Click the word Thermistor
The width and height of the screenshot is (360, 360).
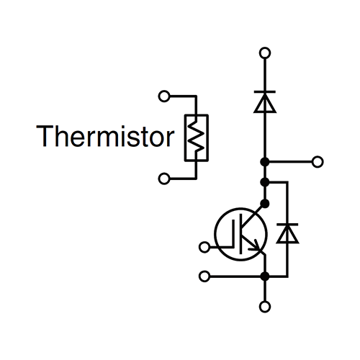pyautogui.click(x=105, y=136)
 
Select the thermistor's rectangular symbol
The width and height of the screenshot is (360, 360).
pyautogui.click(x=184, y=138)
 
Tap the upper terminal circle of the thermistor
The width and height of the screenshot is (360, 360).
pyautogui.click(x=164, y=96)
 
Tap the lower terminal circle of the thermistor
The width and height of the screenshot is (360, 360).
pyautogui.click(x=164, y=179)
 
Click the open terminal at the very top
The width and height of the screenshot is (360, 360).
pyautogui.click(x=265, y=53)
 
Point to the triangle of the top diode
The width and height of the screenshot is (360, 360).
pyautogui.click(x=265, y=103)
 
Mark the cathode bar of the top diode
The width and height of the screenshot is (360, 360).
pyautogui.click(x=265, y=91)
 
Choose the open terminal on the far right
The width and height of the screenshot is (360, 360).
pyautogui.click(x=318, y=162)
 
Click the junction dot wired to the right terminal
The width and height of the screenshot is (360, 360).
pyautogui.click(x=265, y=162)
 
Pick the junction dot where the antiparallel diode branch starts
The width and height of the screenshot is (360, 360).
pyautogui.click(x=265, y=182)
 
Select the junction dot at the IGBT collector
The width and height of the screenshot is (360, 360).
pyautogui.click(x=265, y=204)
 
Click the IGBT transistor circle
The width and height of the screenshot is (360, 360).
pyautogui.click(x=215, y=234)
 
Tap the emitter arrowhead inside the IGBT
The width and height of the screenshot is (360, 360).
pyautogui.click(x=256, y=246)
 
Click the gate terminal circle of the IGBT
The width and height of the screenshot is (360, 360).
pyautogui.click(x=204, y=247)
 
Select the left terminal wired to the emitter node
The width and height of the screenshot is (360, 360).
pyautogui.click(x=204, y=276)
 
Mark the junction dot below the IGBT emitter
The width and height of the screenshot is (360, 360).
pyautogui.click(x=265, y=276)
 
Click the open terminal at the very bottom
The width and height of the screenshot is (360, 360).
pyautogui.click(x=265, y=307)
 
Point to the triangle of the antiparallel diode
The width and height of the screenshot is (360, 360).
pyautogui.click(x=287, y=235)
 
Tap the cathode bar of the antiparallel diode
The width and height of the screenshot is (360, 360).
pyautogui.click(x=287, y=225)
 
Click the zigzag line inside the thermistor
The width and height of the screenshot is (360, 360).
pyautogui.click(x=197, y=138)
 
